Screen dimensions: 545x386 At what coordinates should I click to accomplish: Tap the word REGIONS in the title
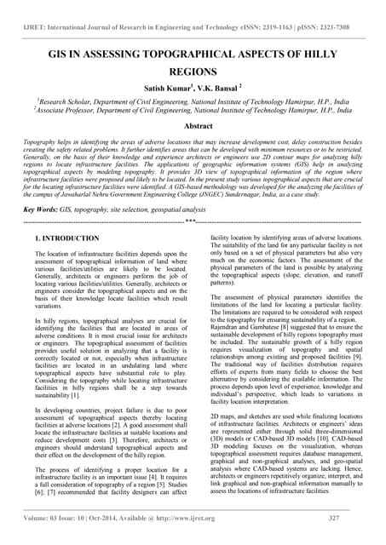193,74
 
